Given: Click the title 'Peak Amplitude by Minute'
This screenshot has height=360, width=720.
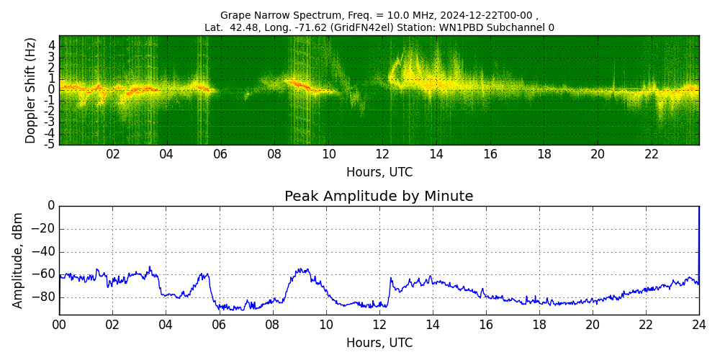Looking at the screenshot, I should pos(379,197).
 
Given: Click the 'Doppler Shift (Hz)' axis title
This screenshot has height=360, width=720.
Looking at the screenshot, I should pos(31,91).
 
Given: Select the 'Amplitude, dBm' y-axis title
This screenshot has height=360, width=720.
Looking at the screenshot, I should pos(18,260).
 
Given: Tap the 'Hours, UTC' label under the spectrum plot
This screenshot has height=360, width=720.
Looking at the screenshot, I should pos(379,173).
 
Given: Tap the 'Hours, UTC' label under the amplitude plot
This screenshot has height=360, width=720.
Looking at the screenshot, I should pos(379,343).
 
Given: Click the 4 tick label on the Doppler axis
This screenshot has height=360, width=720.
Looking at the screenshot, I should pos(52,45).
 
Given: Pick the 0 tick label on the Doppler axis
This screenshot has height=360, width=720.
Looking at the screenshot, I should pos(52,90).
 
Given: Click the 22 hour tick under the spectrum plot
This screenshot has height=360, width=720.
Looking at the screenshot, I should pos(652,154).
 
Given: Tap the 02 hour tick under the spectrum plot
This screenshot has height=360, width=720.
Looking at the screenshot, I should pos(113,154).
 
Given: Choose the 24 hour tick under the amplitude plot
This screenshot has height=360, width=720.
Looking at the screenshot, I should pos(699,325).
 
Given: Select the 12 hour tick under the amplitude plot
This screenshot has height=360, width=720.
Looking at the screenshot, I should pos(379,325).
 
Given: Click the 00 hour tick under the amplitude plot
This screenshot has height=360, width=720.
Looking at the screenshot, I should pos(59,325).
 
